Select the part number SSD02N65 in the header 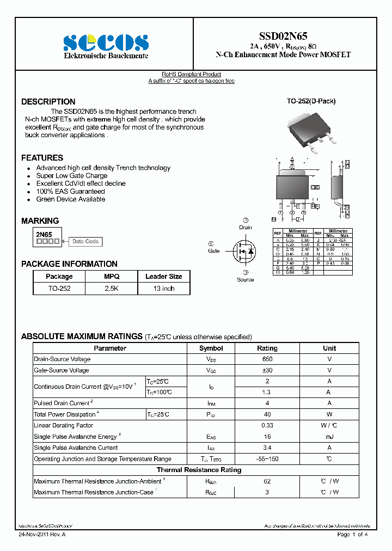click(283, 34)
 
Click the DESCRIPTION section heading click(48, 102)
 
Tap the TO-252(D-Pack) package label click(311, 101)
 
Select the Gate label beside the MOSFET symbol click(213, 251)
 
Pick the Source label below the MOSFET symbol click(245, 280)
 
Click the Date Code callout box click(85, 242)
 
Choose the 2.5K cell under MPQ click(111, 289)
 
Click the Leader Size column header click(163, 277)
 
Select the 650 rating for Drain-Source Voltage click(267, 359)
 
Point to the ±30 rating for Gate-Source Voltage click(267, 370)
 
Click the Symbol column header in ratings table click(211, 348)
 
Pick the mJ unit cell click(329, 437)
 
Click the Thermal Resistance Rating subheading click(199, 470)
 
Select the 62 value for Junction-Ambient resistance click(267, 481)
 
